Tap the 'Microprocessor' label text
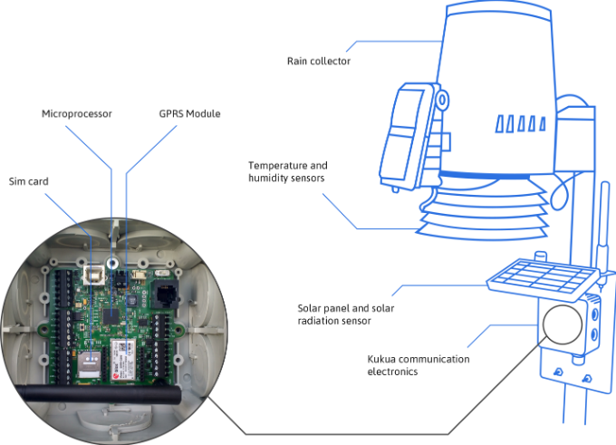click(76, 114)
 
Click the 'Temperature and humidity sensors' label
click(288, 172)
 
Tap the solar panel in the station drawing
click(541, 277)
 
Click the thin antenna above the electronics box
click(602, 227)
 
